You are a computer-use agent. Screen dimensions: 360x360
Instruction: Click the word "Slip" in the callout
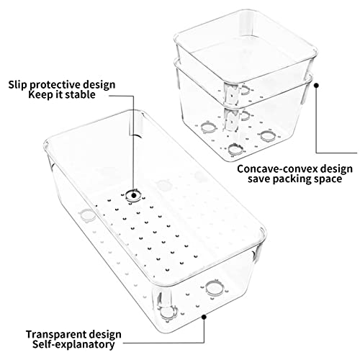(17, 85)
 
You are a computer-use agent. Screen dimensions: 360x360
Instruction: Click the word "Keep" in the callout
(40, 95)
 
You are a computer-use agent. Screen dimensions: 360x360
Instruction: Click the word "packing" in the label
(292, 179)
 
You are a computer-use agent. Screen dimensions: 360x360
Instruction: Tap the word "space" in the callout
(328, 179)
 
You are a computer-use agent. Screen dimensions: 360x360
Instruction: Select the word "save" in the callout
(259, 179)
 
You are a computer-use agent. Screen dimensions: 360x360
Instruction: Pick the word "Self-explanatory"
(73, 345)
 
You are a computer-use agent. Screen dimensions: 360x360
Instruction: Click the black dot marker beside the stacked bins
(317, 85)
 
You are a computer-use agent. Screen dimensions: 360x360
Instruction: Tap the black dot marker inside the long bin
(134, 196)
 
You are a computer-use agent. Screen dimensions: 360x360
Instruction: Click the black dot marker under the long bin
(204, 317)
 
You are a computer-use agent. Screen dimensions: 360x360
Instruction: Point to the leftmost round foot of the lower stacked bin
(208, 127)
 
